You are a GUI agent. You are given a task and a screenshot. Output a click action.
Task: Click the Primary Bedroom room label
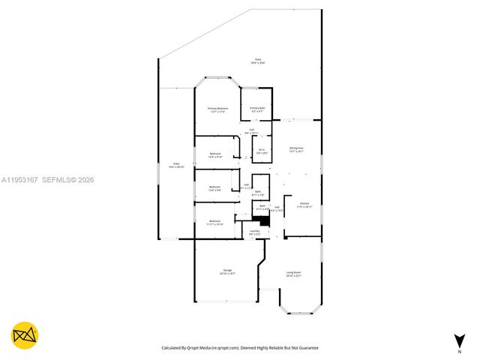(217, 109)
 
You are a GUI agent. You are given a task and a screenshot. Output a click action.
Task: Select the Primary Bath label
(258, 109)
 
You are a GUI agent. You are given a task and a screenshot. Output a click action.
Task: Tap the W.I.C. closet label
(262, 148)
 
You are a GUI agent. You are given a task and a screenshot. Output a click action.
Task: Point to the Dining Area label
(296, 148)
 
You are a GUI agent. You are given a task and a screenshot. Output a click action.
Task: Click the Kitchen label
(304, 204)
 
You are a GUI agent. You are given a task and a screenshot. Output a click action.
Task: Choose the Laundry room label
(255, 231)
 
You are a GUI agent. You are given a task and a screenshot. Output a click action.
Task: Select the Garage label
(226, 270)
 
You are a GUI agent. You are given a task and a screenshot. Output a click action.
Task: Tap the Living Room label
(293, 272)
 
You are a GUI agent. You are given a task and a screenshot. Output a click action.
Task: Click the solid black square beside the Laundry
(260, 220)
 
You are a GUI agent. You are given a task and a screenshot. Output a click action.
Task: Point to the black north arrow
(458, 340)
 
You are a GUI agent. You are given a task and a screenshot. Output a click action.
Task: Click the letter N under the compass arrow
(458, 351)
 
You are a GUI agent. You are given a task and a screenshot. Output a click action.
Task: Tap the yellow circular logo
(25, 336)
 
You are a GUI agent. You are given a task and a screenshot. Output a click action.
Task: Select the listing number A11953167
(19, 180)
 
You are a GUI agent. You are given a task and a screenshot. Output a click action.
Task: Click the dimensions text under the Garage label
(226, 274)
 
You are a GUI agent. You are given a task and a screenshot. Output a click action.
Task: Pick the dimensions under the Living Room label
(293, 277)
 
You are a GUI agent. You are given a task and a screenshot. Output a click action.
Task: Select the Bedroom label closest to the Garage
(215, 220)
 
